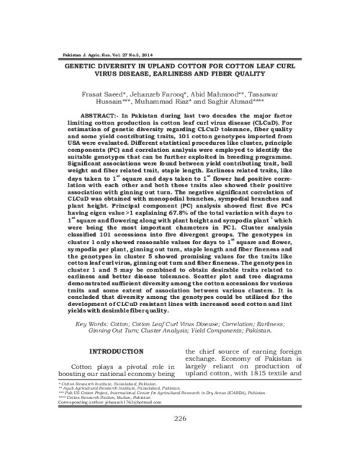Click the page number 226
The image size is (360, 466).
[180, 418]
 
